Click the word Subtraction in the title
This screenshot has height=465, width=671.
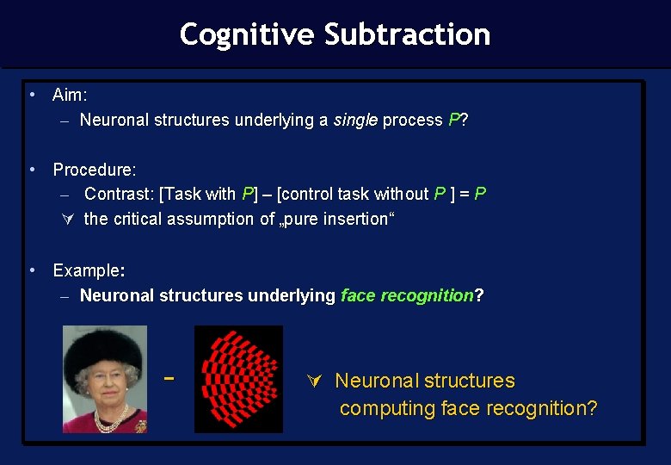(x=407, y=34)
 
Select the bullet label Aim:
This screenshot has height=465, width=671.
(x=70, y=95)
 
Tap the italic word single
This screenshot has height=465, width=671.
(x=355, y=120)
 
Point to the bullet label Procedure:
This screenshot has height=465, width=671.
(x=95, y=170)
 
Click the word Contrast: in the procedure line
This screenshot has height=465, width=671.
(x=119, y=194)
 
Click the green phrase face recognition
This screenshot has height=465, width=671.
(x=407, y=295)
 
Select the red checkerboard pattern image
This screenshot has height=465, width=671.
(x=238, y=379)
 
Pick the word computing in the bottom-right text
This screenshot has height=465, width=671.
(x=387, y=408)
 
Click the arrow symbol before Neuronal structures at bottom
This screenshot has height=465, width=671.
(x=314, y=381)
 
